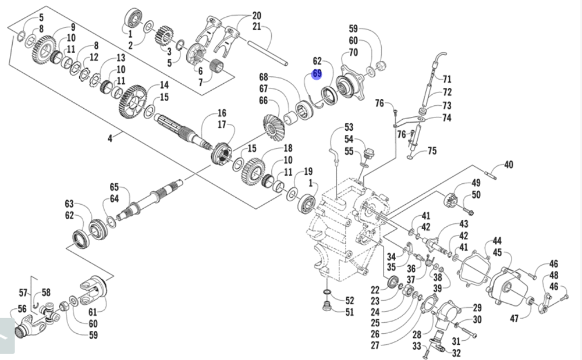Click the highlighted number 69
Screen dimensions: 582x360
[x=317, y=73]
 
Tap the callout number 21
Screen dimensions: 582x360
[x=257, y=26]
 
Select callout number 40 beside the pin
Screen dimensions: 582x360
[x=509, y=165]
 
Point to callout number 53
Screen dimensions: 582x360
[x=349, y=127]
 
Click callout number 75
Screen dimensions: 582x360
[x=432, y=151]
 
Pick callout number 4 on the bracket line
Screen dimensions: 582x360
[x=110, y=138]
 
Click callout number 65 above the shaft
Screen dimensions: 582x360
[x=114, y=187]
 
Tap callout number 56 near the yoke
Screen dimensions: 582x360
[x=22, y=309]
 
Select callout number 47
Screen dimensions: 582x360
[x=514, y=318]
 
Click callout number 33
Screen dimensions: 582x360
[x=417, y=346]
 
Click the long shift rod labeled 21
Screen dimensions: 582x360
[x=268, y=53]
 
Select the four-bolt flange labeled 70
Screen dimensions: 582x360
[x=349, y=84]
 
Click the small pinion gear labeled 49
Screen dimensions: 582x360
[x=450, y=202]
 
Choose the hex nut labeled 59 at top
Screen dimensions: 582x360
[x=382, y=66]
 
